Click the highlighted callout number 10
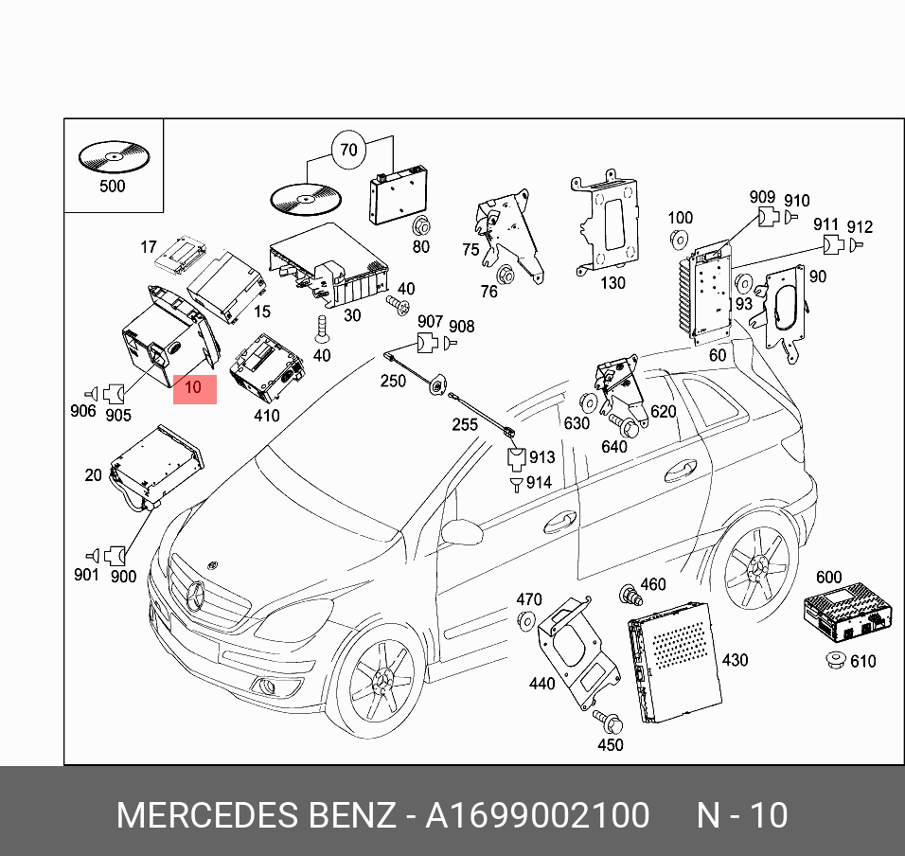pos(194,387)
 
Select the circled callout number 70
pos(348,150)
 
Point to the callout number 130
pos(612,282)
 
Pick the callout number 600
pos(828,578)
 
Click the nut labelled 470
pos(525,620)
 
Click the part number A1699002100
pos(537,814)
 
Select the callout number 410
pos(266,415)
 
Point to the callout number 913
pos(542,457)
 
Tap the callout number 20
pos(92,474)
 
